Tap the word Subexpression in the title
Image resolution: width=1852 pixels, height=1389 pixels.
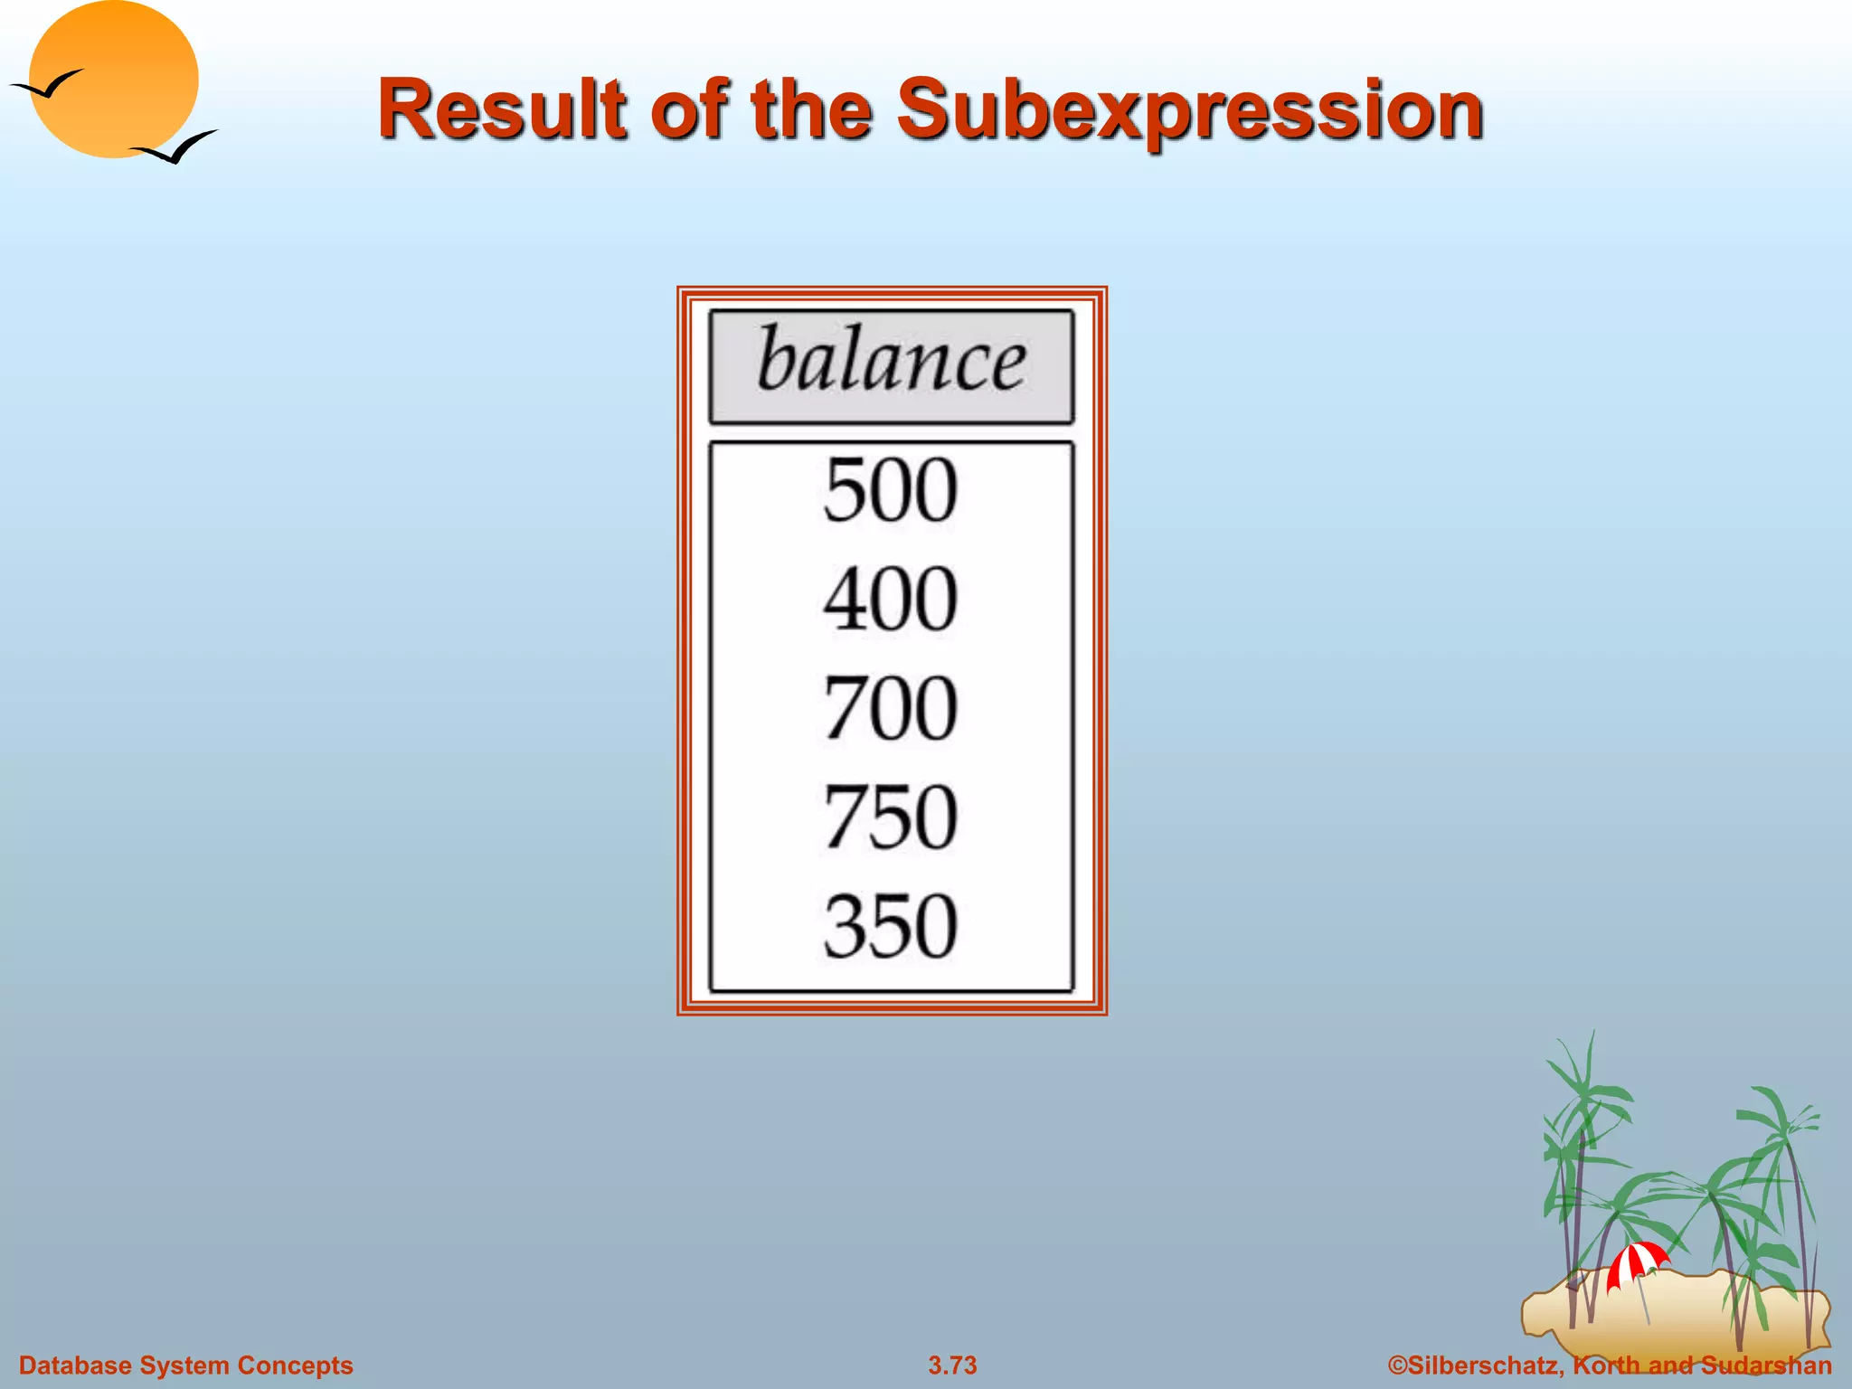(x=1189, y=110)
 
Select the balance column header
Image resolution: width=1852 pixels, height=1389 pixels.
(x=891, y=365)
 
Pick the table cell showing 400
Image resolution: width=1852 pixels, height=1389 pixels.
(x=891, y=599)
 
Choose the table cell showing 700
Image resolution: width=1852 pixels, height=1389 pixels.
(x=891, y=708)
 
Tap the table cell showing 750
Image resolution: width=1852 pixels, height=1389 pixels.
(x=891, y=817)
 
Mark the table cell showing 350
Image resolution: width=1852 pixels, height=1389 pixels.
(x=891, y=926)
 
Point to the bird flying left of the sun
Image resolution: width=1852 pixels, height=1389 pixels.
(x=45, y=85)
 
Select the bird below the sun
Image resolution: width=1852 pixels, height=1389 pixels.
(x=175, y=147)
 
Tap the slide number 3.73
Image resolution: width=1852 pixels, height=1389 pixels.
(x=952, y=1365)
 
